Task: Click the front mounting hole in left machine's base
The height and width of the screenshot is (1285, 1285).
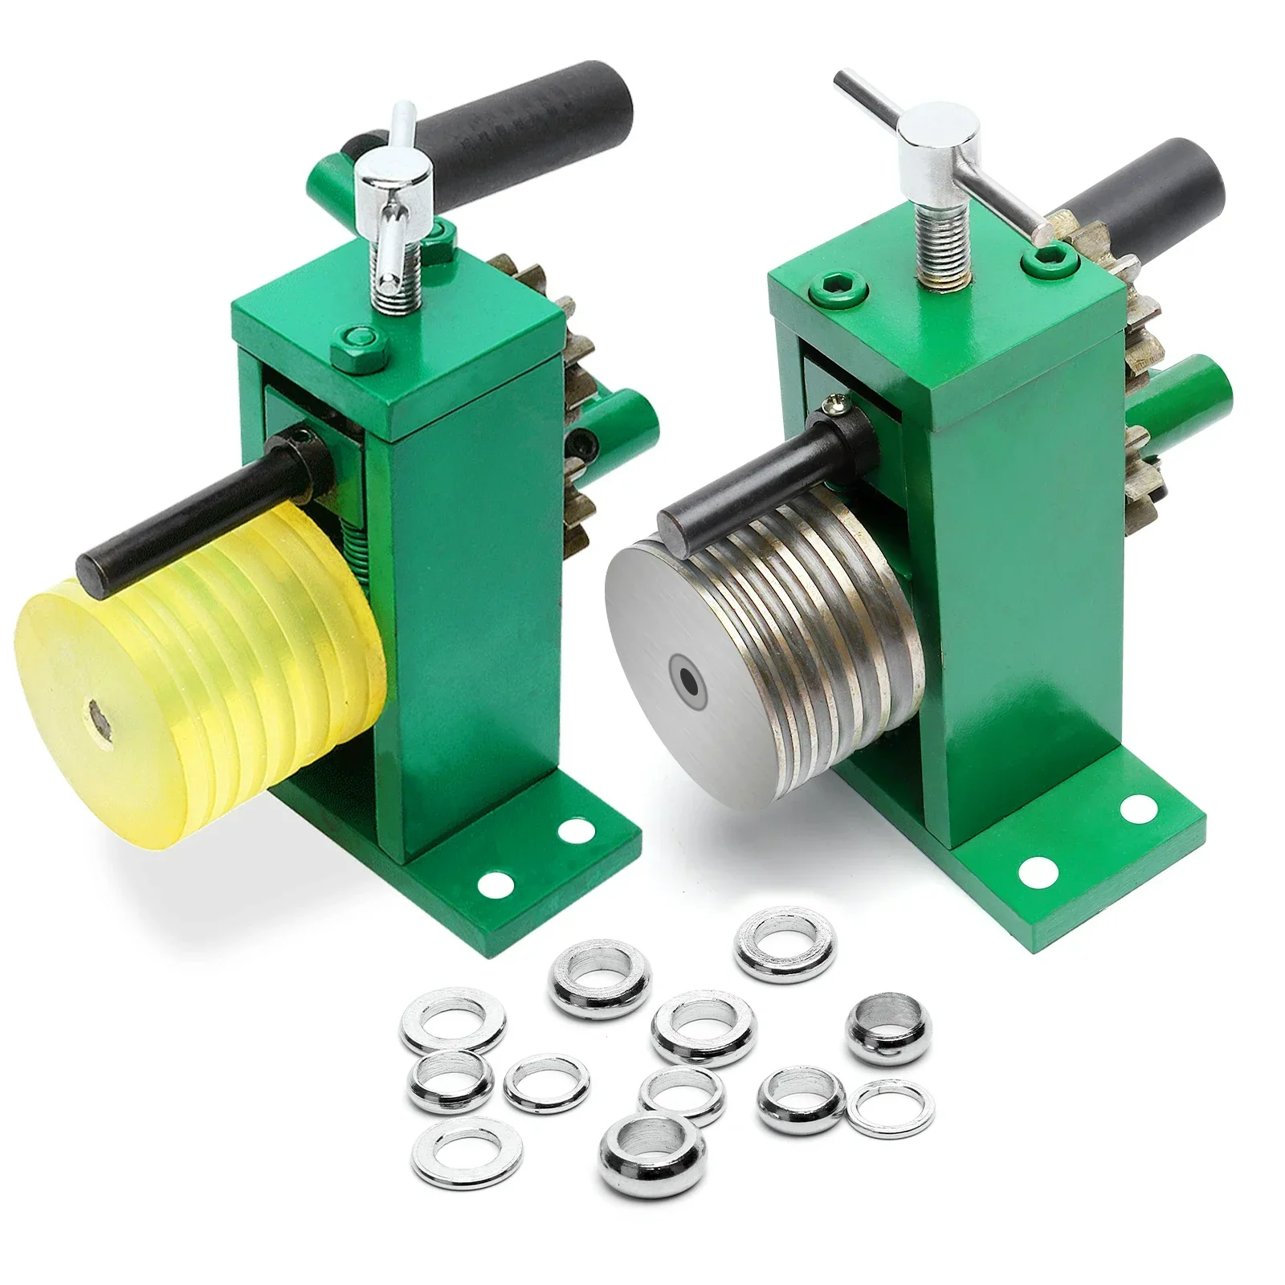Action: tap(494, 883)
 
